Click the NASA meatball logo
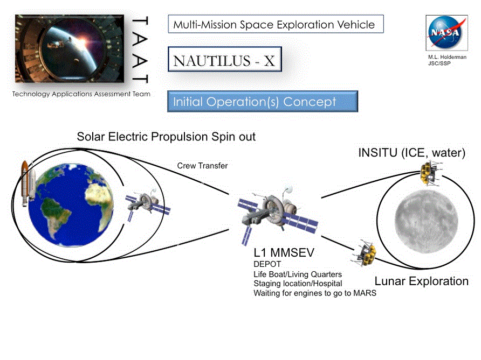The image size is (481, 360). pos(447,32)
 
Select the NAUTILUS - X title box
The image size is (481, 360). pos(225,59)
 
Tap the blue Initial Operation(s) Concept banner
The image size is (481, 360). pos(263,101)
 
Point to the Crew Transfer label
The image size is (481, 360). pos(202,166)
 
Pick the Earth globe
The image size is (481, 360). pos(71,205)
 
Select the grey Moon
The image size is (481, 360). pos(426,222)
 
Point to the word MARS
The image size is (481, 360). pos(365,293)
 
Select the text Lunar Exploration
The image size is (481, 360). pos(422,281)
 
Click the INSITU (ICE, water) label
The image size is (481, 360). pos(411,152)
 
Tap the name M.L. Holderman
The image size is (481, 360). pos(447,57)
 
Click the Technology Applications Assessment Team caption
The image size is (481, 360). pos(81,94)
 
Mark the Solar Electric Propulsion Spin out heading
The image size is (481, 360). pos(166,137)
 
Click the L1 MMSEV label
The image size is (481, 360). pos(284,252)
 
